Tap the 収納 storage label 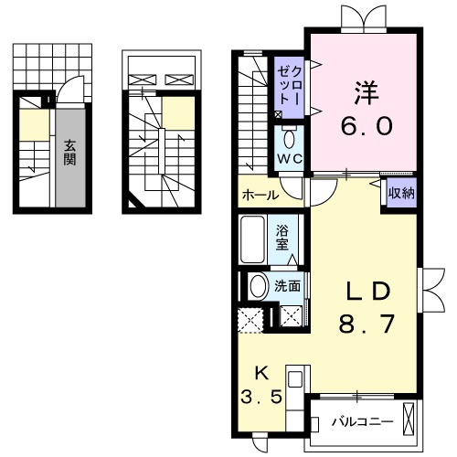(399, 193)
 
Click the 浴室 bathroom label (283, 236)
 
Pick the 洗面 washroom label (289, 285)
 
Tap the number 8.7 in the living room (369, 323)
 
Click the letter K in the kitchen (260, 373)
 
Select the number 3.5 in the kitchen (260, 399)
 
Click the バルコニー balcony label (363, 422)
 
